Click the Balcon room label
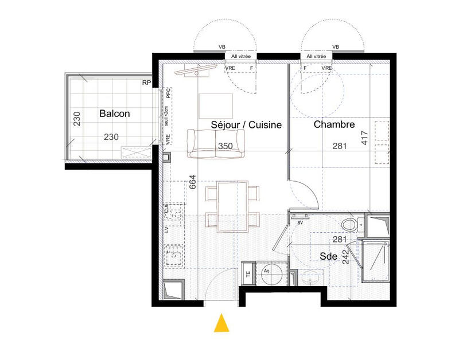click(115, 114)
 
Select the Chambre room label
click(333, 124)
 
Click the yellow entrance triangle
click(221, 323)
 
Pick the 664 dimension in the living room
click(193, 182)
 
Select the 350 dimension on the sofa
click(225, 146)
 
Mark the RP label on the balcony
click(147, 83)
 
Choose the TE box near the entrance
click(248, 273)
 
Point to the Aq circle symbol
click(267, 272)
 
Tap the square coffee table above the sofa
click(216, 107)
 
